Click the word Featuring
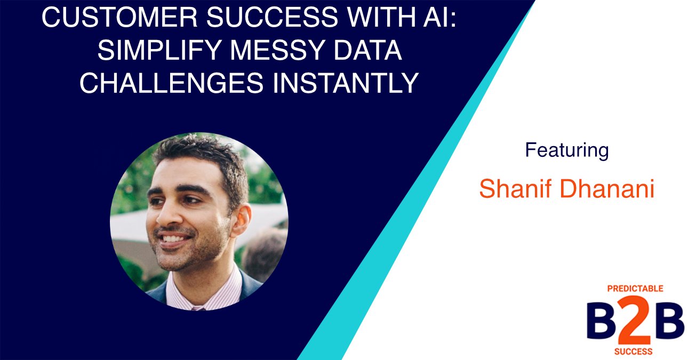point(566,150)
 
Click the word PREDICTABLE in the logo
point(635,289)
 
